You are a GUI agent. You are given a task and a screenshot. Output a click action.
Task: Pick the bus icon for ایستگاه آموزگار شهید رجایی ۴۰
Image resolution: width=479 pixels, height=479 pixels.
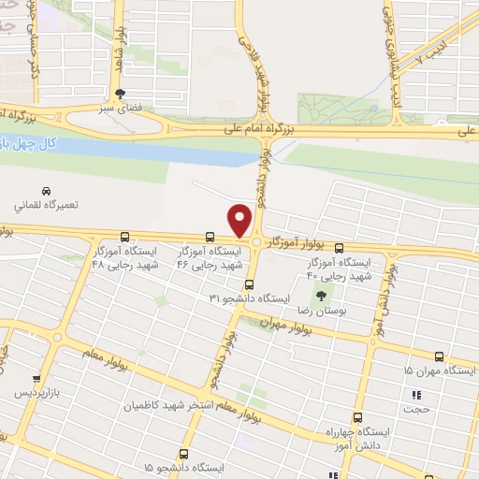339,248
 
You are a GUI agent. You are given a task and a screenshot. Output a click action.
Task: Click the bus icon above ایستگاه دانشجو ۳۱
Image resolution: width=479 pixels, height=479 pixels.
248,284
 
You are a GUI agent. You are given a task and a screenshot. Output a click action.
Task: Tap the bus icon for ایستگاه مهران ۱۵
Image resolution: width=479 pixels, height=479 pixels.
440,356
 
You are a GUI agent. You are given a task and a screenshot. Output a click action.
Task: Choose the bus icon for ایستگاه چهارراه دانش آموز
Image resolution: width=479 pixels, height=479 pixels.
356,418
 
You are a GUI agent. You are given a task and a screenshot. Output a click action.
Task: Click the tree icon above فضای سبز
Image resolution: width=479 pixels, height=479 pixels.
120,94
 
